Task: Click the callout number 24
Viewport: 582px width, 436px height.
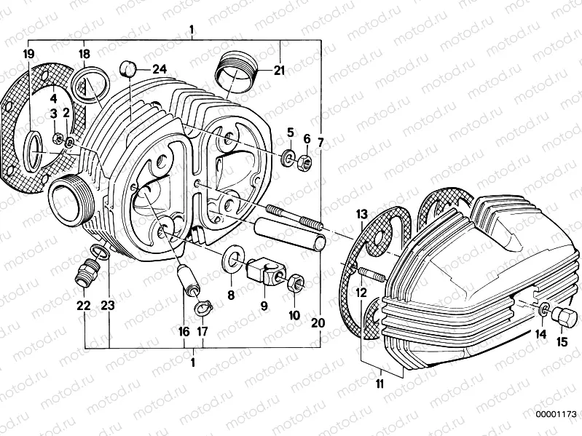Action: pos(160,69)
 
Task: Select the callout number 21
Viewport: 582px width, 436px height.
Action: pos(280,70)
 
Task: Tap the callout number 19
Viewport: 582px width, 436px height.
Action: pos(28,55)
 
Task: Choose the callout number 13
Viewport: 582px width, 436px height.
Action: pos(362,213)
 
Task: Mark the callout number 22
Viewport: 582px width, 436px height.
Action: pos(83,306)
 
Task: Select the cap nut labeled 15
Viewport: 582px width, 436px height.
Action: pos(565,317)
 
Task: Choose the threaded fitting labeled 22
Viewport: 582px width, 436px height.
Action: pos(85,277)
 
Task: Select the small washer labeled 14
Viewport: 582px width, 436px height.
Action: pos(545,312)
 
